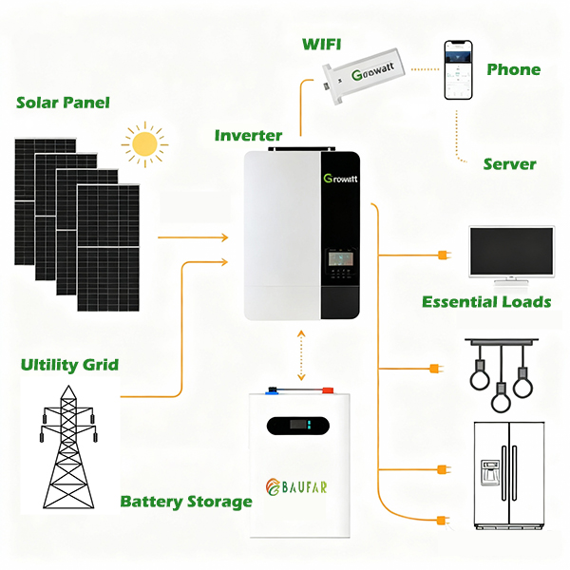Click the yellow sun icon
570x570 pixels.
point(144,143)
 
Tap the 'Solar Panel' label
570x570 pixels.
point(63,103)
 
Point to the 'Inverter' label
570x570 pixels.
point(248,136)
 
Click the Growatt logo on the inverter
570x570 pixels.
point(339,179)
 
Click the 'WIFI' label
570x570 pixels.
point(322,44)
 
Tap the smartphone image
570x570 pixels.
point(458,71)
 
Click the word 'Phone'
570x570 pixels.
point(513,69)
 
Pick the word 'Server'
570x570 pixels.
point(509,164)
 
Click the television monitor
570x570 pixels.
point(511,255)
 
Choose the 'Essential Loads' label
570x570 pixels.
point(486,302)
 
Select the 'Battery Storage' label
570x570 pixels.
point(185,501)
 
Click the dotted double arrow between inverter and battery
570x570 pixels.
point(301,355)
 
